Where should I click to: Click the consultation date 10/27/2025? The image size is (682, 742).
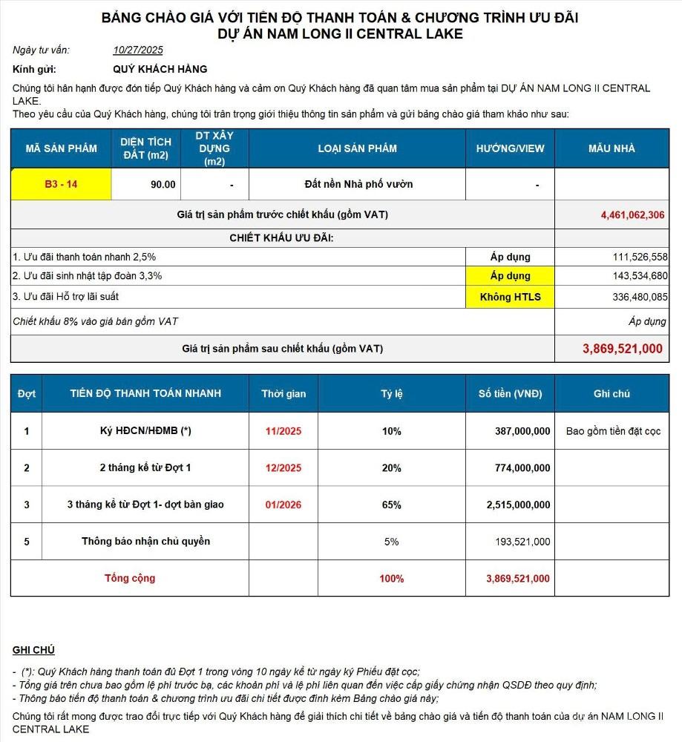coord(138,50)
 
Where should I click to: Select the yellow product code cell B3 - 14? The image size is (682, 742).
coord(61,185)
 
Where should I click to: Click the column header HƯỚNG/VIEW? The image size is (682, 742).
coord(510,148)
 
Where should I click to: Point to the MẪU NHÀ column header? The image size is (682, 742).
coord(611,148)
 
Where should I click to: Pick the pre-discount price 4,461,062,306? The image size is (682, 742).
coord(633,215)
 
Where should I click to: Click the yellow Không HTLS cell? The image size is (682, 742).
coord(510,298)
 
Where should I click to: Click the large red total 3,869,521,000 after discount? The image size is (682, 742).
coord(622,349)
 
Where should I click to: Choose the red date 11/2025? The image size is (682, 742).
coord(283,431)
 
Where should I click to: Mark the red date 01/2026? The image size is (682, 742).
coord(283,505)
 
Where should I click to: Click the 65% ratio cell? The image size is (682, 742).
coord(392,505)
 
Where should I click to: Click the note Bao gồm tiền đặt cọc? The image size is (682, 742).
coord(612,431)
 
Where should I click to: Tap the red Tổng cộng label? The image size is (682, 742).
coord(130,579)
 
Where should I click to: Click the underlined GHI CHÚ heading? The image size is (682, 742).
coord(33,650)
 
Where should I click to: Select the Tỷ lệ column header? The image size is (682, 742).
coord(392,394)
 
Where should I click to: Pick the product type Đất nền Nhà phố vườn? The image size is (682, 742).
coord(358,185)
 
